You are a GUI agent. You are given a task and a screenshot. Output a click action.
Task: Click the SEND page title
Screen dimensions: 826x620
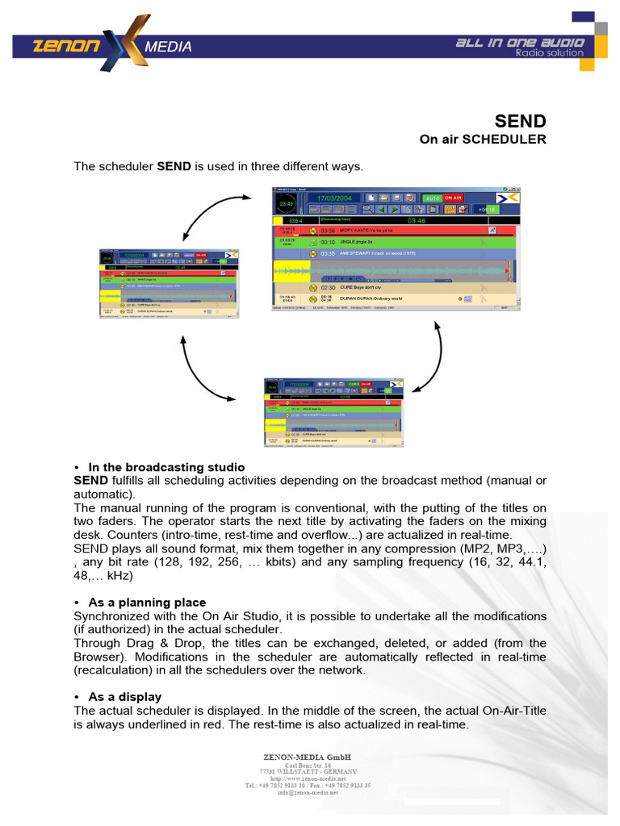tap(522, 121)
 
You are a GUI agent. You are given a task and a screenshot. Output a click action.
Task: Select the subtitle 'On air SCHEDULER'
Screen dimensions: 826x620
tap(482, 140)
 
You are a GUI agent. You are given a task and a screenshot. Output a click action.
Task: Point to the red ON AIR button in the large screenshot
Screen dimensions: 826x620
tap(453, 198)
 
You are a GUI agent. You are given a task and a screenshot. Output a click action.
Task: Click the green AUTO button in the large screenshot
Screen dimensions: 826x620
tap(432, 198)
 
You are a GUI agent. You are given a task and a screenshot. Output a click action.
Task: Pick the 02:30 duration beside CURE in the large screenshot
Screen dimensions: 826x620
tap(328, 287)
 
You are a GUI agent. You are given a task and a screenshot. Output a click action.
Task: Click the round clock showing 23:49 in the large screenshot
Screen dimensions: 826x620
tap(286, 203)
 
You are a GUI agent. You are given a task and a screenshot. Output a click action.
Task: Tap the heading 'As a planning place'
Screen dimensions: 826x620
tap(147, 603)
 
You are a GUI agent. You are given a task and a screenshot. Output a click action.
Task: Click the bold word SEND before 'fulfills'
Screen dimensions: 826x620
tap(90, 481)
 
